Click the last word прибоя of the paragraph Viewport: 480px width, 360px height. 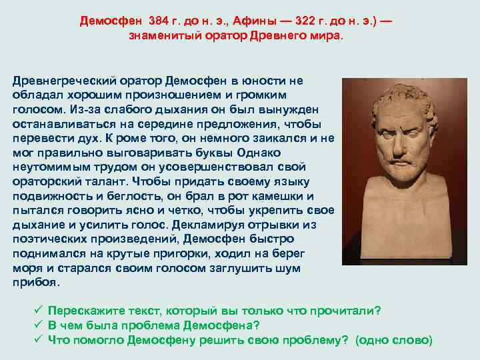click(35, 283)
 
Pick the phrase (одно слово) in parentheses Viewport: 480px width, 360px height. click(394, 340)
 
